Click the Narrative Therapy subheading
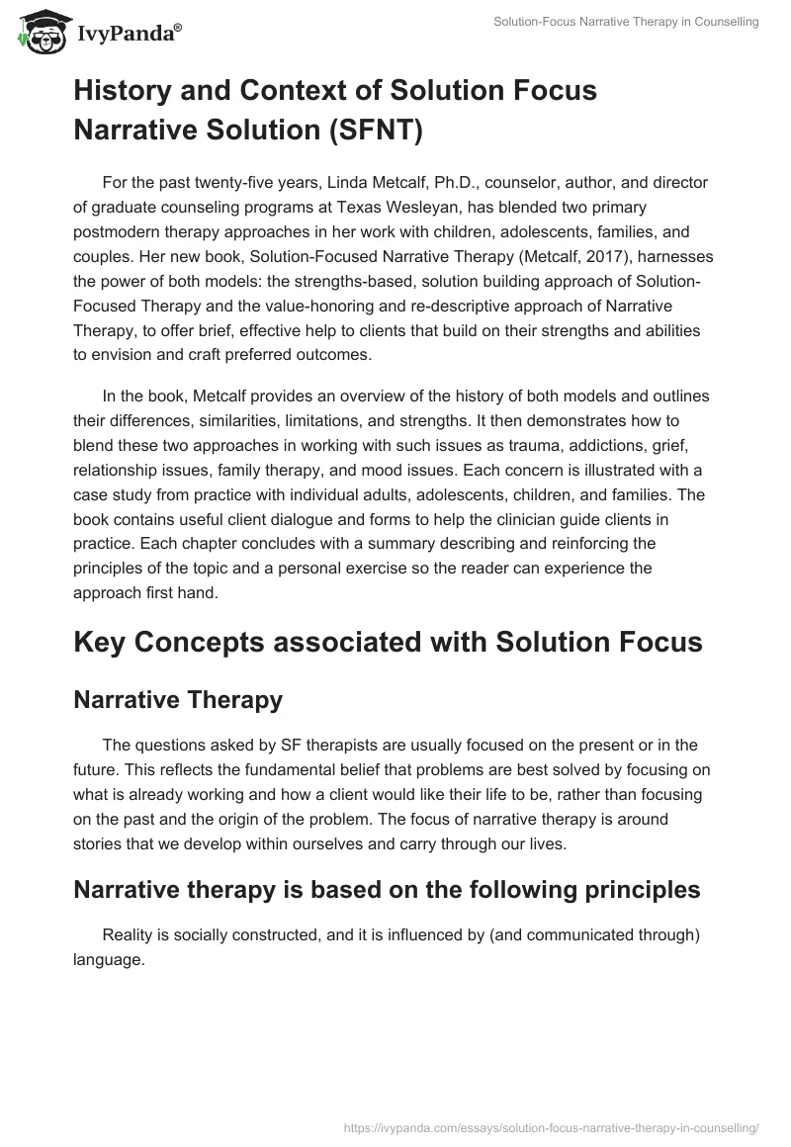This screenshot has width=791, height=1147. pyautogui.click(x=178, y=700)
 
